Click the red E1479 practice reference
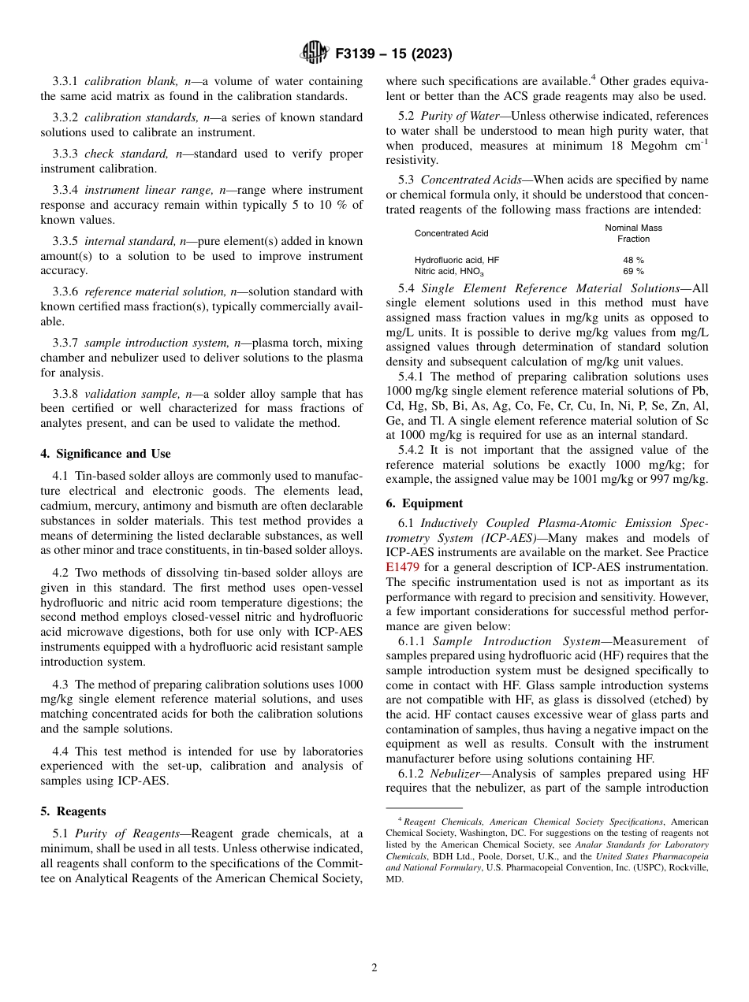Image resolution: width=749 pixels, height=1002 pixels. (x=402, y=567)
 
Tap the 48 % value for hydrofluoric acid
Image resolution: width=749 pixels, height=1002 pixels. (x=633, y=259)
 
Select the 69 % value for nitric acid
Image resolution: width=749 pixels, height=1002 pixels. (x=633, y=271)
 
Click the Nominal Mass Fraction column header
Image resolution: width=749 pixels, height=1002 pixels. (x=633, y=233)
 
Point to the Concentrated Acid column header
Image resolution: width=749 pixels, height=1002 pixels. (x=452, y=233)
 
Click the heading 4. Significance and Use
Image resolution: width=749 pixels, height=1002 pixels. (x=106, y=454)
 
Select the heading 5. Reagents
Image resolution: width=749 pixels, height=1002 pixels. (x=73, y=811)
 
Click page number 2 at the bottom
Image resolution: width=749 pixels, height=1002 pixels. (x=374, y=968)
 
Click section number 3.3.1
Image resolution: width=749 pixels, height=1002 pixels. (x=65, y=81)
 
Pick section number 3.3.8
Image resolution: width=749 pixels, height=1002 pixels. (x=65, y=394)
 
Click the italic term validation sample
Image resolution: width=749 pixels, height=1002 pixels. (x=126, y=394)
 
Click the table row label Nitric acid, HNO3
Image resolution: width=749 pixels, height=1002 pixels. (x=449, y=271)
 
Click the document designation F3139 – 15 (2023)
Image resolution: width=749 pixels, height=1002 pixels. (x=393, y=54)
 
